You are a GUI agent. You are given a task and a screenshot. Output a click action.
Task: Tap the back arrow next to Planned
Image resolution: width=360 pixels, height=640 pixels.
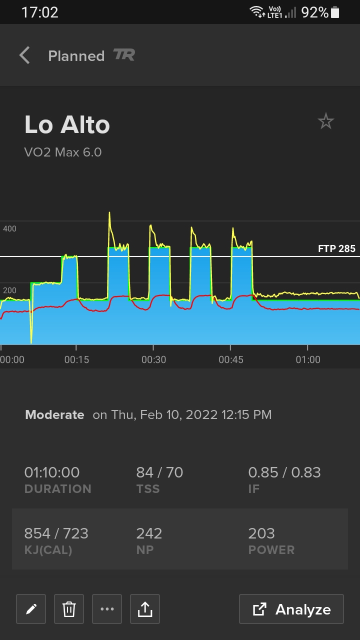pos(24,55)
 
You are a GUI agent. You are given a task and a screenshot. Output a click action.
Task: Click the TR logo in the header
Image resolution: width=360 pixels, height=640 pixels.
pos(124,55)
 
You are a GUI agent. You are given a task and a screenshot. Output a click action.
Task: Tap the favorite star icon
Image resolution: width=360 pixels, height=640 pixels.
pos(326,121)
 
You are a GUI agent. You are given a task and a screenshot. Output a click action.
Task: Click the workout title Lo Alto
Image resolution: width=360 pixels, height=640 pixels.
pos(67,125)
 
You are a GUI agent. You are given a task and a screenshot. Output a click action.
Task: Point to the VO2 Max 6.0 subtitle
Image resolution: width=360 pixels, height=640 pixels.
pos(63,152)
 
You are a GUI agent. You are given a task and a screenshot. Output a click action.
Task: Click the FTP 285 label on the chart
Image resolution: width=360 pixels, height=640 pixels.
pos(336,248)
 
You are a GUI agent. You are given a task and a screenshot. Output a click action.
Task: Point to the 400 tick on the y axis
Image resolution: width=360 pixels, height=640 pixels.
pos(10,228)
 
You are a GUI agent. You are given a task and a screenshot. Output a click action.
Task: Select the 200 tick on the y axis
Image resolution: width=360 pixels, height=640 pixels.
pos(10,290)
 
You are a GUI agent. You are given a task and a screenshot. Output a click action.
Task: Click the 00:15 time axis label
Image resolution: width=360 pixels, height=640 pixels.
pos(76,359)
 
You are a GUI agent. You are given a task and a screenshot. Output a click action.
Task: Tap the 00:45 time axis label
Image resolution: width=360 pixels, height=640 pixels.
pos(230,359)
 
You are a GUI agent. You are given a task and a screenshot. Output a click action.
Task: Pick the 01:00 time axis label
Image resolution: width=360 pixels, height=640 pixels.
pos(307,359)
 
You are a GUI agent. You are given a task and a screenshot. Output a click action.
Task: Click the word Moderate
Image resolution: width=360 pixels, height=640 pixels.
pos(54,414)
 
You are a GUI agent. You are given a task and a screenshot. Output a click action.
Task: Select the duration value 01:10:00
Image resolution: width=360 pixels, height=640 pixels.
pos(52,472)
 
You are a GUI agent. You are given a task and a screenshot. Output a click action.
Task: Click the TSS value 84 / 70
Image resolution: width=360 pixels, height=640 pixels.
pos(159,472)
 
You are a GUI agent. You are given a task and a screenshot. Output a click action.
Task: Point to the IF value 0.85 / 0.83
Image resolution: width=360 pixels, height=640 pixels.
pos(284,472)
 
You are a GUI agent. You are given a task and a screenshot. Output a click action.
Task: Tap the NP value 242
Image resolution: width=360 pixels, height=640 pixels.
pos(149,533)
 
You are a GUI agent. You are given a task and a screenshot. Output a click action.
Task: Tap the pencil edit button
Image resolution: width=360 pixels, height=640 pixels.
pos(31,609)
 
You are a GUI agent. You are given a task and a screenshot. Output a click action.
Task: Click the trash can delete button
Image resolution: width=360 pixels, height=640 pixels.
pos(69,609)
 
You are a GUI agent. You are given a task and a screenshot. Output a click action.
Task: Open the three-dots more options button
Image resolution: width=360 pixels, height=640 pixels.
pos(107,609)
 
